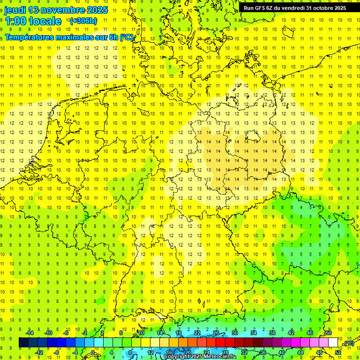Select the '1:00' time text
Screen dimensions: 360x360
15,21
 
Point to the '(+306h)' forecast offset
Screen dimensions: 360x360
83,21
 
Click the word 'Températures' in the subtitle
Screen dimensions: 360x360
30,37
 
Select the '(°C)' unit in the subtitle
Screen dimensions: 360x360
127,37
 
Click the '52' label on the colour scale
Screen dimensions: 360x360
338,352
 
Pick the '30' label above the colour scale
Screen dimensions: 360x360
234,333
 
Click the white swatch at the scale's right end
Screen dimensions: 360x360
333,343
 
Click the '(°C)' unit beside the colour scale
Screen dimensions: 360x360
348,343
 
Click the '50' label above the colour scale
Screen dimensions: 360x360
329,333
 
